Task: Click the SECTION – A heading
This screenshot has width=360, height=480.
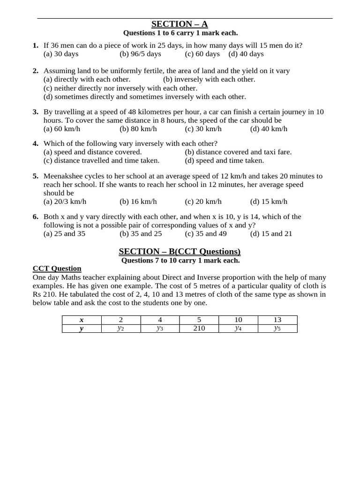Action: coord(180,24)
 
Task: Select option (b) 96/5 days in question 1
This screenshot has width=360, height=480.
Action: coord(140,54)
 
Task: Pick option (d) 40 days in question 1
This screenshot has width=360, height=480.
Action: coord(246,54)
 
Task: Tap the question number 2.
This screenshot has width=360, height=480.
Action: coord(35,71)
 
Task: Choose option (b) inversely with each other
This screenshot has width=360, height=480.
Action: coord(209,79)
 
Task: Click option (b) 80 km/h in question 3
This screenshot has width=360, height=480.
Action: coord(138,129)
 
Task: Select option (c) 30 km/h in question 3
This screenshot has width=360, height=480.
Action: coord(203,129)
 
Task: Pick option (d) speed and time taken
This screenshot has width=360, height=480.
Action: coord(224,160)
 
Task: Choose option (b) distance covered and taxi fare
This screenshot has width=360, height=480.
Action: coord(238,152)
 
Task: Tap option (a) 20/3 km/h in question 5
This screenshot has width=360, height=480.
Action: coord(65,202)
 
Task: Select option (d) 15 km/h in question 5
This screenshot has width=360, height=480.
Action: coord(269,202)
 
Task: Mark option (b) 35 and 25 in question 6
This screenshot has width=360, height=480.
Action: coord(141,233)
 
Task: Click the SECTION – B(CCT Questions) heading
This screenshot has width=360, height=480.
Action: coord(180,251)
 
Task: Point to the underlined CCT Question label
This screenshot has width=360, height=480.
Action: coord(57,269)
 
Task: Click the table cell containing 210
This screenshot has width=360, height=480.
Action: coord(199,328)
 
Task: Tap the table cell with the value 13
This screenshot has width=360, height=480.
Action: coord(277,320)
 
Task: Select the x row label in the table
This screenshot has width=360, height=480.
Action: coord(82,320)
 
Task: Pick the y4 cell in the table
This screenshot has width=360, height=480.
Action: coord(238,328)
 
